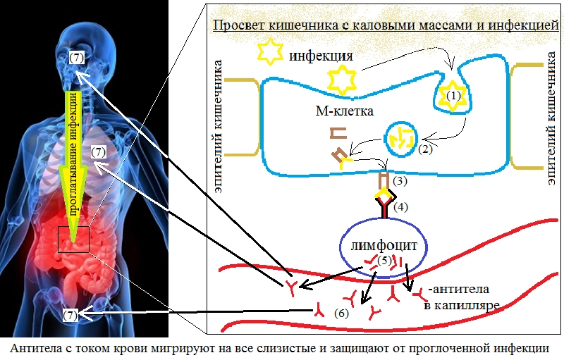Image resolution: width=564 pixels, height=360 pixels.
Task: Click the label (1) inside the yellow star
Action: click(x=453, y=94)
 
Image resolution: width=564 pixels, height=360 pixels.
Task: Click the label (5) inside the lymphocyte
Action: click(x=384, y=260)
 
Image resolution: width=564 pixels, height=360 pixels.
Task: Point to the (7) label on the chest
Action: click(x=98, y=151)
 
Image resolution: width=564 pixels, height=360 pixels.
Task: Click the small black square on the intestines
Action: click(x=73, y=240)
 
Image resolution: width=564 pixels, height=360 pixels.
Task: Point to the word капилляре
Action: click(x=463, y=305)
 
